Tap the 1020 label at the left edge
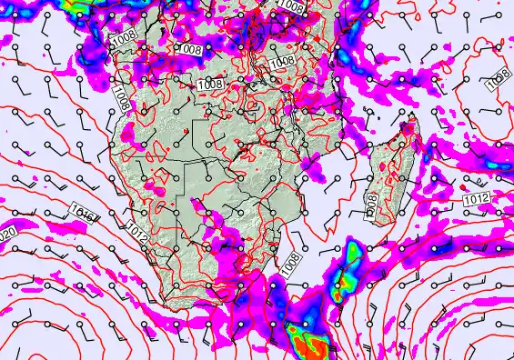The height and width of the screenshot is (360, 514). pyautogui.click(x=5, y=235)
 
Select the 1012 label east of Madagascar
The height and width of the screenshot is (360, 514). pyautogui.click(x=477, y=198)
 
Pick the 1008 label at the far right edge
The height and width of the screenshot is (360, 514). pyautogui.click(x=499, y=80)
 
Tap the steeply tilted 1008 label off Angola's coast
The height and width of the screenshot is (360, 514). pyautogui.click(x=121, y=95)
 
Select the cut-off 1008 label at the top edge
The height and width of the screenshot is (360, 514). pyautogui.click(x=291, y=6)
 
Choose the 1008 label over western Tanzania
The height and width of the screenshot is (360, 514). pyautogui.click(x=282, y=62)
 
